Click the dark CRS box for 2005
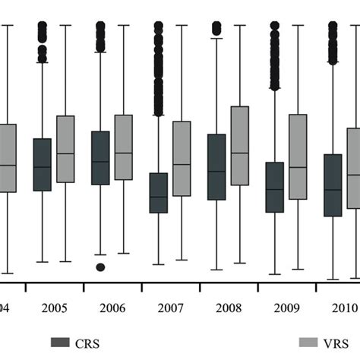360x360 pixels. point(43,164)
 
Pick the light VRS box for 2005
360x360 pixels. point(65,149)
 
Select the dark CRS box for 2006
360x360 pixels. point(100,157)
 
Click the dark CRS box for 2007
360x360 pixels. point(158,193)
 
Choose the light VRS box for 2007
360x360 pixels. point(182,158)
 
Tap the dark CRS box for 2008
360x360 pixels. point(216,167)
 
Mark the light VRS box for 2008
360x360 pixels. point(239,146)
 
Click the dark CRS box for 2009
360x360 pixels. point(274,187)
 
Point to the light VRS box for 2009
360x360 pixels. point(298,156)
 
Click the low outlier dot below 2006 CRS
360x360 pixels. point(100,267)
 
